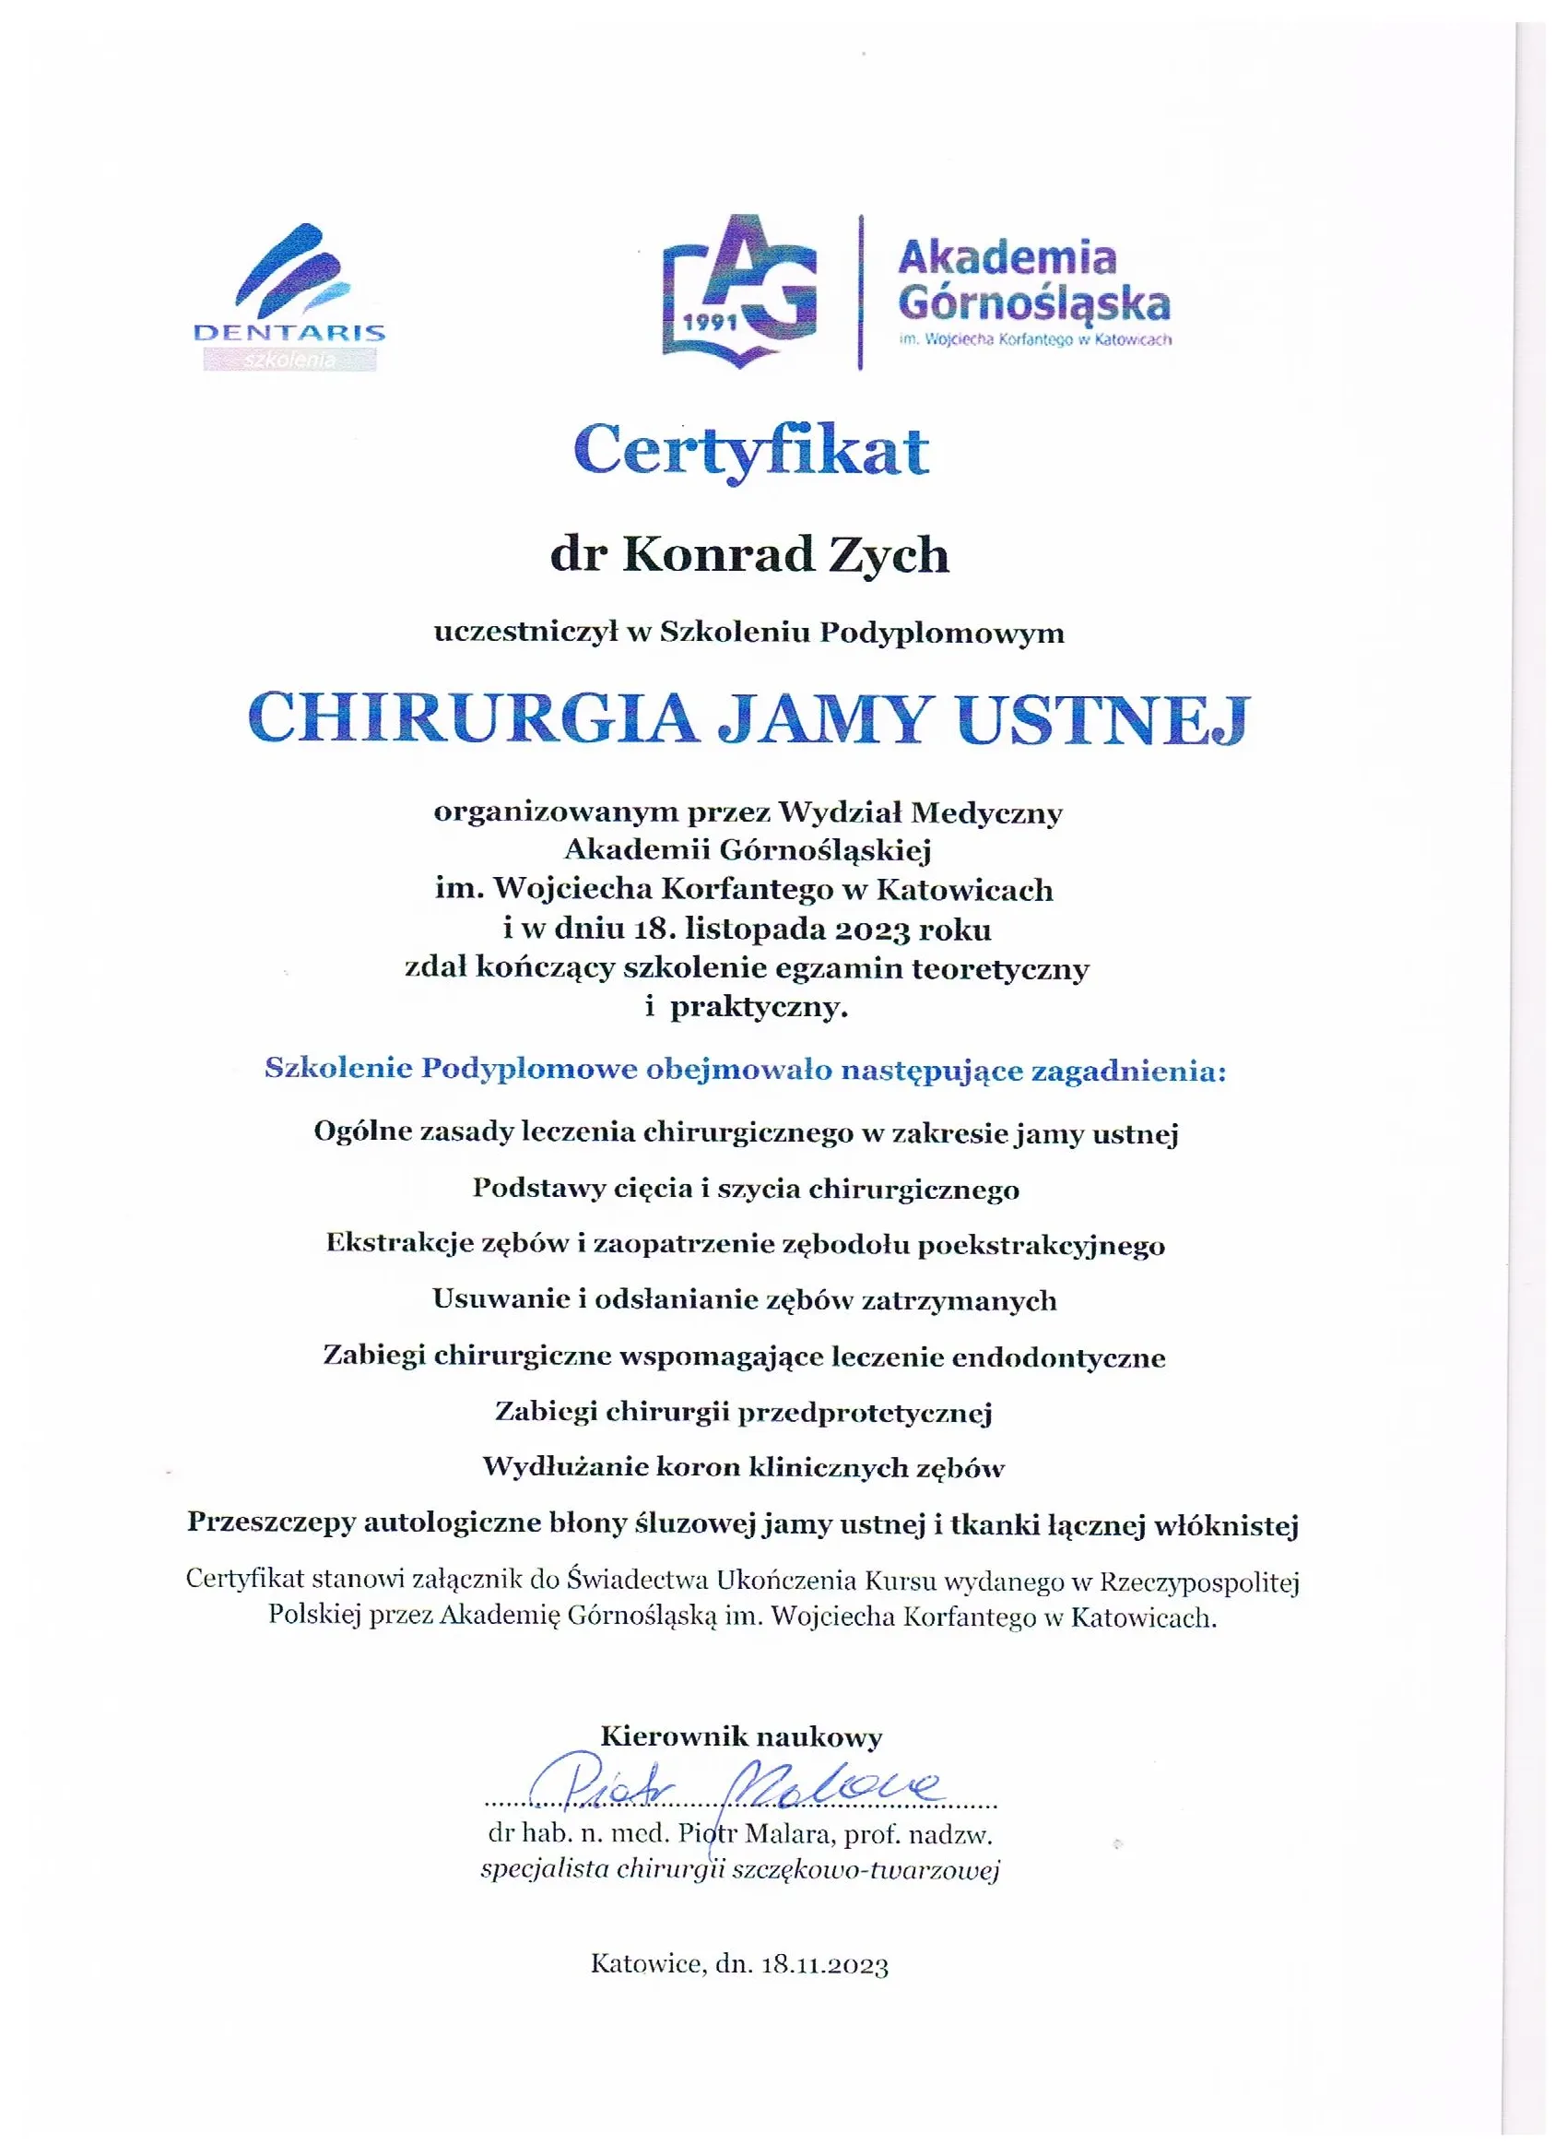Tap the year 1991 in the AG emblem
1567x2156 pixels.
coord(711,320)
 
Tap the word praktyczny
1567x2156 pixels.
coord(759,1007)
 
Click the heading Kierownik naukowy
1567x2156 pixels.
coord(741,1736)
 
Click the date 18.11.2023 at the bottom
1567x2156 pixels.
coord(825,1965)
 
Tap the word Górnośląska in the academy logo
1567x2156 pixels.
coord(1034,304)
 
